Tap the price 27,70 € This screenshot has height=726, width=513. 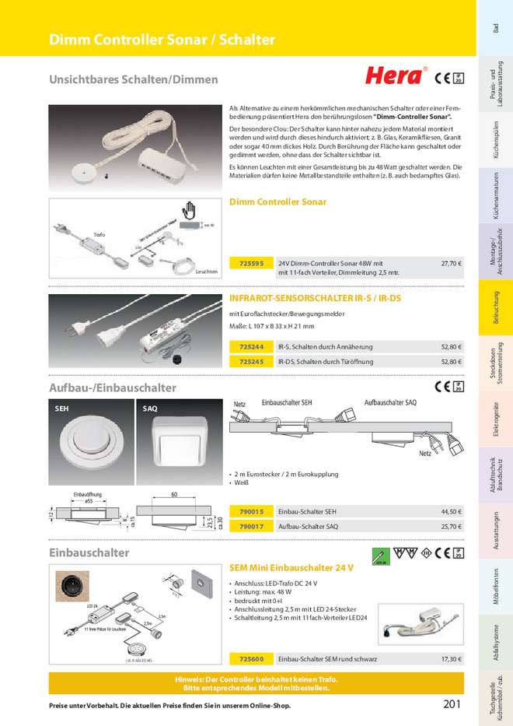pos(451,264)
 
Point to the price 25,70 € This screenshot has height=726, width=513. pos(451,527)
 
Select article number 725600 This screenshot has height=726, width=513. pos(251,659)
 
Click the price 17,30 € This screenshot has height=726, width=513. pos(451,659)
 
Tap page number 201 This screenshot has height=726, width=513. pos(452,704)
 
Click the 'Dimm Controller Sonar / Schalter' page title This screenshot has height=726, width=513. pos(162,40)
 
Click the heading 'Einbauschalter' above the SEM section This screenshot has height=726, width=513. pos(89,552)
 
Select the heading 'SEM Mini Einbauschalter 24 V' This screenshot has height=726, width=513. pos(291,568)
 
